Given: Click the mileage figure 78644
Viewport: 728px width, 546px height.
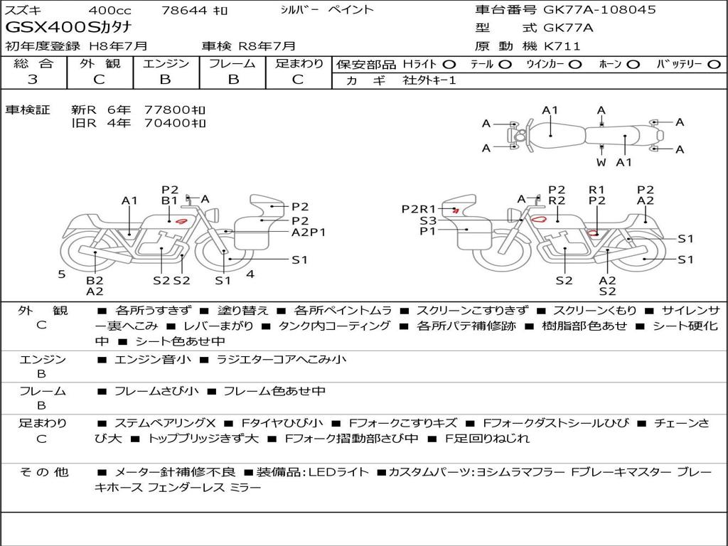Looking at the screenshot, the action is click(x=184, y=10).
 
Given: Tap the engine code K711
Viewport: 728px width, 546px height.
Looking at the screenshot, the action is click(x=562, y=46).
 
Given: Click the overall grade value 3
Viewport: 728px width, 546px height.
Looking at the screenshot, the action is click(x=33, y=80).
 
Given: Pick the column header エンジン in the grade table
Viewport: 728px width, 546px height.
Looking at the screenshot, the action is click(x=166, y=64).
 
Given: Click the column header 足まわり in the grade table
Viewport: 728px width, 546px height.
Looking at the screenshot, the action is click(x=299, y=64).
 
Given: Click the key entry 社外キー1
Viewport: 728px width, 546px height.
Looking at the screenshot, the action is click(x=431, y=80).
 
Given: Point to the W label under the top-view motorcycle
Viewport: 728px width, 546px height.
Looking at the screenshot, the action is click(x=601, y=162).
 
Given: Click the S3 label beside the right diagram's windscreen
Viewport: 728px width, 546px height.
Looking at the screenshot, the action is click(x=428, y=220).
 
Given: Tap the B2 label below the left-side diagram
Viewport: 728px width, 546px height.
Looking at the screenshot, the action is click(x=95, y=280).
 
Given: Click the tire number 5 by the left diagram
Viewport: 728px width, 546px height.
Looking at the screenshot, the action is click(x=62, y=273).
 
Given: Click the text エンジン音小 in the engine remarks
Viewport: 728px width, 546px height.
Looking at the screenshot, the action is click(x=153, y=360).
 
